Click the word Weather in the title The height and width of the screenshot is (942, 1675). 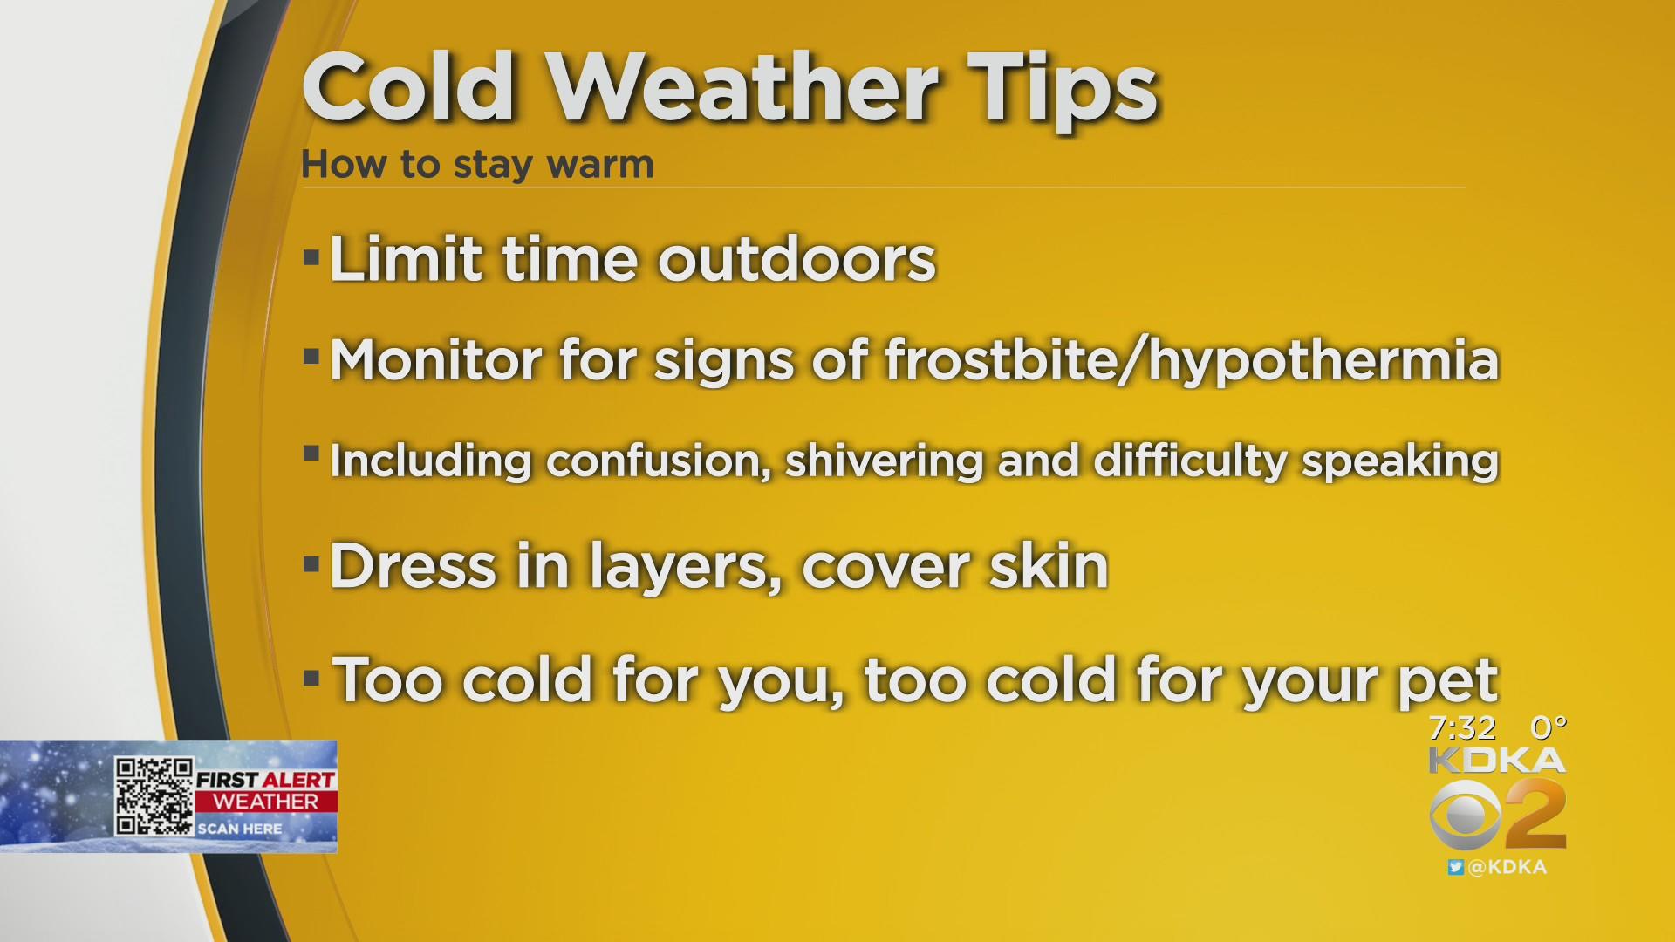743,87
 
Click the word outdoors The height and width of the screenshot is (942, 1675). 796,259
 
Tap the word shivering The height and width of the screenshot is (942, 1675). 885,461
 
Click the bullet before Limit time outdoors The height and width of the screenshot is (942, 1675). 311,259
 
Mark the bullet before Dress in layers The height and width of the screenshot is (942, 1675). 311,565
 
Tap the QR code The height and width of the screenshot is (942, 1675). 154,795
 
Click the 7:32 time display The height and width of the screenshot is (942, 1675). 1462,727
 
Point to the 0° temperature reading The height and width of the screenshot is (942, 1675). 1549,727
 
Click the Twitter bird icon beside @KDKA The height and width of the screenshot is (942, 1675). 1455,867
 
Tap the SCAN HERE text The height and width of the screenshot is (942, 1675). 239,829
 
